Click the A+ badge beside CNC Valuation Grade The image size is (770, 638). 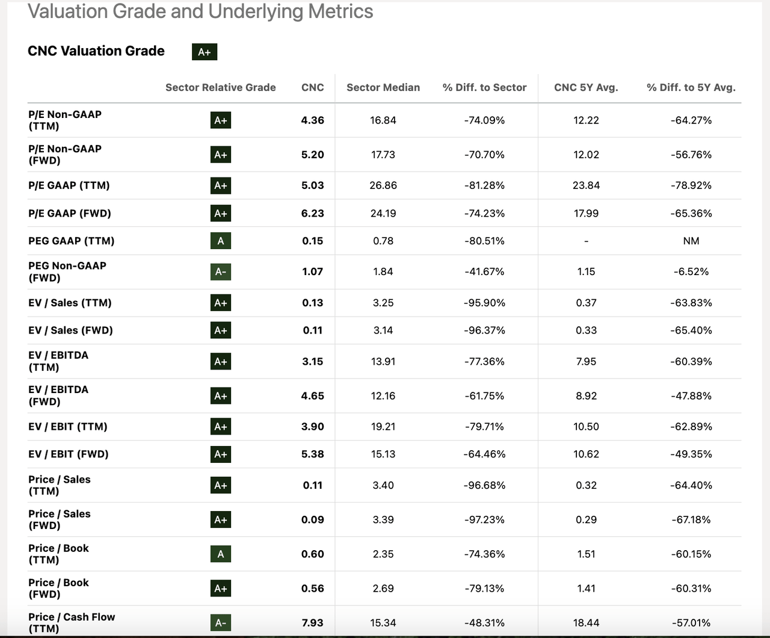tap(205, 52)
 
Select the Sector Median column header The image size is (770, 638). tap(383, 87)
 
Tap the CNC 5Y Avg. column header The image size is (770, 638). tap(586, 87)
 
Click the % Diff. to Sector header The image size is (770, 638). tap(484, 87)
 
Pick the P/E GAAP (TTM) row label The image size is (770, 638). tap(69, 185)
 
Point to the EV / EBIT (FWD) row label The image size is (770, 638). tap(69, 454)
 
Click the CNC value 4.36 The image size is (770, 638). tap(313, 120)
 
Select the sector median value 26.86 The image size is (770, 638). tap(383, 185)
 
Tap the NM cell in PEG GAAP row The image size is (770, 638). tap(691, 241)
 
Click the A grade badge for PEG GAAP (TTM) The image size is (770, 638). tap(221, 241)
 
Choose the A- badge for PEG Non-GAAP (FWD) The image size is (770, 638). tap(221, 271)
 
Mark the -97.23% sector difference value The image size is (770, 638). tap(484, 519)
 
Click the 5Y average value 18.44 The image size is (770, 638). tap(586, 622)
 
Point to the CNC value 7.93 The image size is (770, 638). tap(313, 622)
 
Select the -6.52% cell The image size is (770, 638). tap(691, 271)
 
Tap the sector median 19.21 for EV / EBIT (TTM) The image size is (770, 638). tap(383, 427)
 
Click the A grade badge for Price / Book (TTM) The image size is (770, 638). tap(221, 554)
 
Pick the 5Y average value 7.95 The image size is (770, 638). tap(586, 361)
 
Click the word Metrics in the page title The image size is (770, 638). tap(340, 11)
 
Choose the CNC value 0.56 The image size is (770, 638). tap(313, 588)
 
